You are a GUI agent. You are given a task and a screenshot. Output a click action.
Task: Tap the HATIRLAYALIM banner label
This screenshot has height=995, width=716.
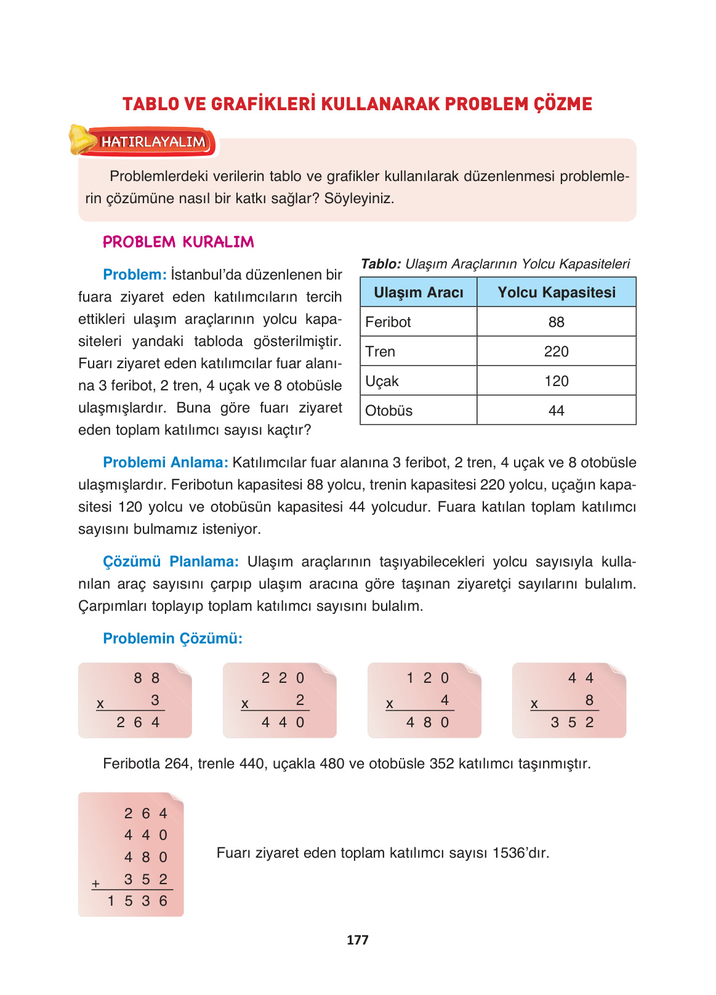point(153,142)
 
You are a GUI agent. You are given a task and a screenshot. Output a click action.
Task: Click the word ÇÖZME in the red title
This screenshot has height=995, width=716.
point(563,104)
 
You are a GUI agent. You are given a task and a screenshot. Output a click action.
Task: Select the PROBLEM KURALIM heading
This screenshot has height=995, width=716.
point(178,242)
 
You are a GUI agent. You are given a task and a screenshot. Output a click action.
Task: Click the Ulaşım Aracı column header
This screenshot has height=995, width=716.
point(419,292)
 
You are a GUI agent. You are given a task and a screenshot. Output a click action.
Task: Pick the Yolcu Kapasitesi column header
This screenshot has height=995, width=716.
point(556,292)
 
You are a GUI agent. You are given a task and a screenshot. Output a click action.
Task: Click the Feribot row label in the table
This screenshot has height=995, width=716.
point(388,322)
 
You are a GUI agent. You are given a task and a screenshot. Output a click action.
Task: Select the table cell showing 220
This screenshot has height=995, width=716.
point(556,352)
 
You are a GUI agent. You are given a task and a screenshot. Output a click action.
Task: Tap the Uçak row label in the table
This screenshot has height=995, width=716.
point(382,381)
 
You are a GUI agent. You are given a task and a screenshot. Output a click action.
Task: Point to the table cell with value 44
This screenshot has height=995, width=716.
point(556,411)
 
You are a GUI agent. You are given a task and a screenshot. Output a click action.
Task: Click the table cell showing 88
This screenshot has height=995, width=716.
point(556,322)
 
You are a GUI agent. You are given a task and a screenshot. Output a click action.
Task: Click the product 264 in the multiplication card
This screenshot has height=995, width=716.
point(138,722)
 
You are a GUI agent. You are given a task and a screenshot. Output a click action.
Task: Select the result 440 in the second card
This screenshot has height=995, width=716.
point(283,722)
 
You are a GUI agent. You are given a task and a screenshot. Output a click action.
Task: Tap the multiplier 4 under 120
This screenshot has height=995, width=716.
point(444,700)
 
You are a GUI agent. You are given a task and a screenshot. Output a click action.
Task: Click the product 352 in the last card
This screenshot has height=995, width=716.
point(572,722)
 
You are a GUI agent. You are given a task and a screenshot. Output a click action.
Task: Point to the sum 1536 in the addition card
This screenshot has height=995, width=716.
point(137,901)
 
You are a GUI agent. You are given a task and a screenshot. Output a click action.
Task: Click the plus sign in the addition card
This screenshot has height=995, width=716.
point(95,884)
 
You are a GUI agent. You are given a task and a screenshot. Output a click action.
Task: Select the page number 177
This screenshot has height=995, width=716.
point(357,940)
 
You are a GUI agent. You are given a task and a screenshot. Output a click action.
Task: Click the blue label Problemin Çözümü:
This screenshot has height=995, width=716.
point(172,638)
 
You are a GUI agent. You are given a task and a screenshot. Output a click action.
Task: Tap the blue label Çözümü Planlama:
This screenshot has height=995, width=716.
point(171,562)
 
